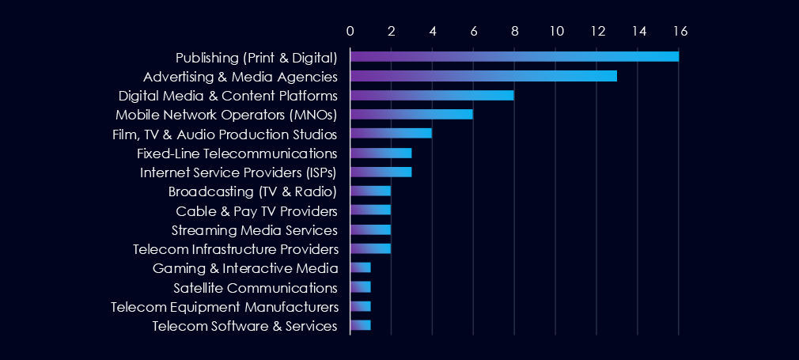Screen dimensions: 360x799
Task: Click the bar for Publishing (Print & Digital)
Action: (x=514, y=56)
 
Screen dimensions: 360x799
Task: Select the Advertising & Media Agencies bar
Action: (x=483, y=76)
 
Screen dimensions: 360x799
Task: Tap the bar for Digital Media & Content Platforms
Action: (x=432, y=95)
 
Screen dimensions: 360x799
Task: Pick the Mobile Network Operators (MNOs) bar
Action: (x=411, y=114)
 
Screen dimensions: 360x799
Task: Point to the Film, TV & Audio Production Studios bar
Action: (x=391, y=133)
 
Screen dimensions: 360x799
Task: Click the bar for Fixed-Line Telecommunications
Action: (x=381, y=153)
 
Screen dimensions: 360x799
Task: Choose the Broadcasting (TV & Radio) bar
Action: (x=370, y=191)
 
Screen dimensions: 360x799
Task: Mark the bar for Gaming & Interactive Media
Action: (x=360, y=267)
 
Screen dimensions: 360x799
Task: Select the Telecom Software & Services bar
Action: (x=360, y=325)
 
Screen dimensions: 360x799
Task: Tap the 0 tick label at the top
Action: (x=350, y=31)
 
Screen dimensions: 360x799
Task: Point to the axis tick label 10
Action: (x=556, y=31)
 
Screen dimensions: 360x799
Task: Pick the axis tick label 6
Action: (x=474, y=31)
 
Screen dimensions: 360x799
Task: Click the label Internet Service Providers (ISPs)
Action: (x=239, y=172)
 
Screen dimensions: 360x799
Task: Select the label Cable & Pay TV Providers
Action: (x=257, y=211)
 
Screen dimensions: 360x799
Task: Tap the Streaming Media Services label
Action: (x=255, y=230)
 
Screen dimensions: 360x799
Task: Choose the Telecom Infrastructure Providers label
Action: (x=236, y=249)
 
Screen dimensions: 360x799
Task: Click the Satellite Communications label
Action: (x=256, y=287)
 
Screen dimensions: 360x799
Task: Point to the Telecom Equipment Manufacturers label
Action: (x=225, y=306)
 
